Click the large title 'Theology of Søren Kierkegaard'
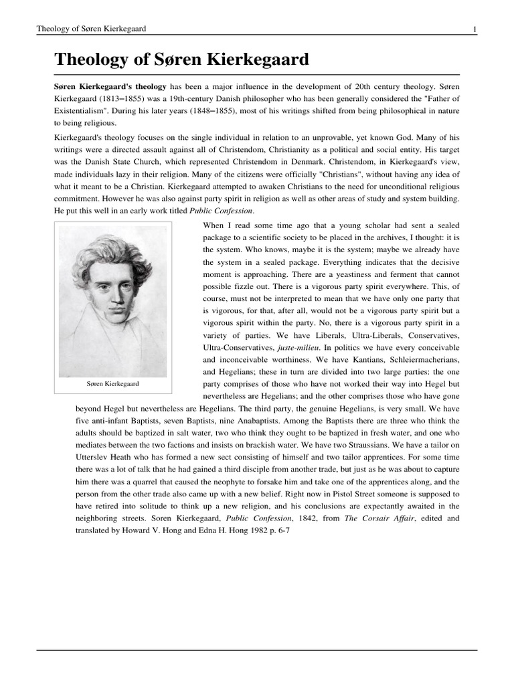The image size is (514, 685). click(x=181, y=60)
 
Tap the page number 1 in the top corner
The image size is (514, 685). click(x=475, y=29)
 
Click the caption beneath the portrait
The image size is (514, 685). click(x=112, y=385)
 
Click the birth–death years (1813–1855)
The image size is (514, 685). click(x=118, y=99)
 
